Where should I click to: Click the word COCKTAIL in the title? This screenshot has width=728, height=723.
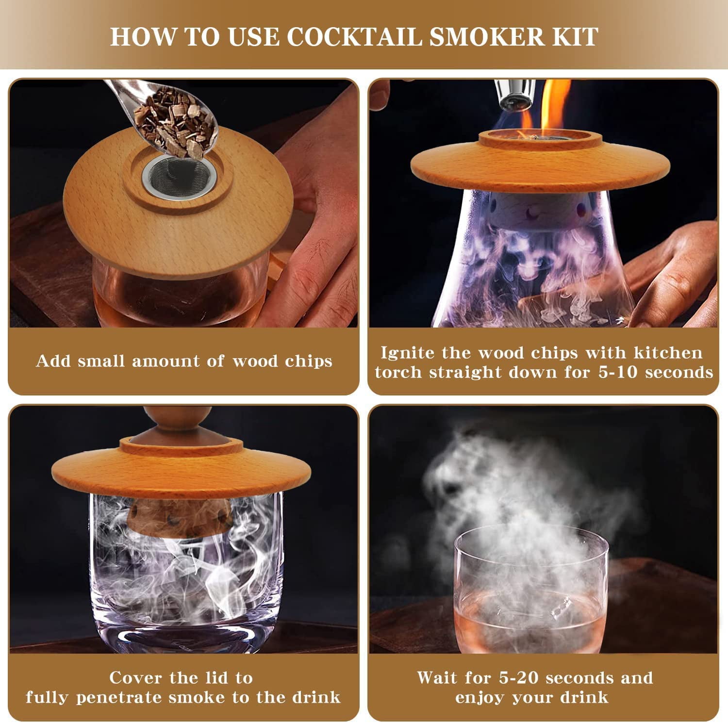(x=354, y=37)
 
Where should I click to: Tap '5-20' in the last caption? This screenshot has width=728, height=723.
(x=520, y=677)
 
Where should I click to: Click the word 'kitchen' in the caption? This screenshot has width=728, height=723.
(x=668, y=353)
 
